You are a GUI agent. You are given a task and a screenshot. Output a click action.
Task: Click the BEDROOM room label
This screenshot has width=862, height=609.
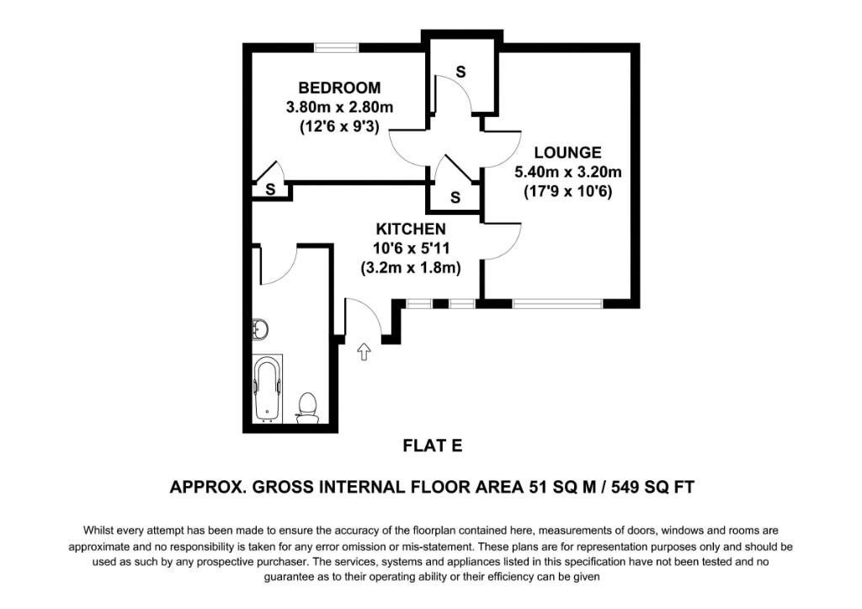[339, 88]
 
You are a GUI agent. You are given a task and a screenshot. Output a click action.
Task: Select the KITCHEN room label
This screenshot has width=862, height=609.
[410, 229]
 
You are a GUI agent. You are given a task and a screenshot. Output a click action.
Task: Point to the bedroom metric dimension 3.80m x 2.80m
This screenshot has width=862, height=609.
[339, 108]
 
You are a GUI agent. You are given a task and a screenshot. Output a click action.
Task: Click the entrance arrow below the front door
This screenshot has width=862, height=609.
[364, 351]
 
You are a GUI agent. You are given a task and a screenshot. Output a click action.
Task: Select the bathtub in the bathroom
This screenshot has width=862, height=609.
[269, 388]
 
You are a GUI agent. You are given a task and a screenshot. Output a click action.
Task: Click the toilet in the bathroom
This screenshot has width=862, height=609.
[308, 407]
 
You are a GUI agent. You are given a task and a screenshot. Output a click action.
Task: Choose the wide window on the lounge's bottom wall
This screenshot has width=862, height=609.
[556, 302]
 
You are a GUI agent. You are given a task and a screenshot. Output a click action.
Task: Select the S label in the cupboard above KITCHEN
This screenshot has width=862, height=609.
[455, 198]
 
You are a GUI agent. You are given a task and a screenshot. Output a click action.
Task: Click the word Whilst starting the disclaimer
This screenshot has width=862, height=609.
[99, 531]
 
